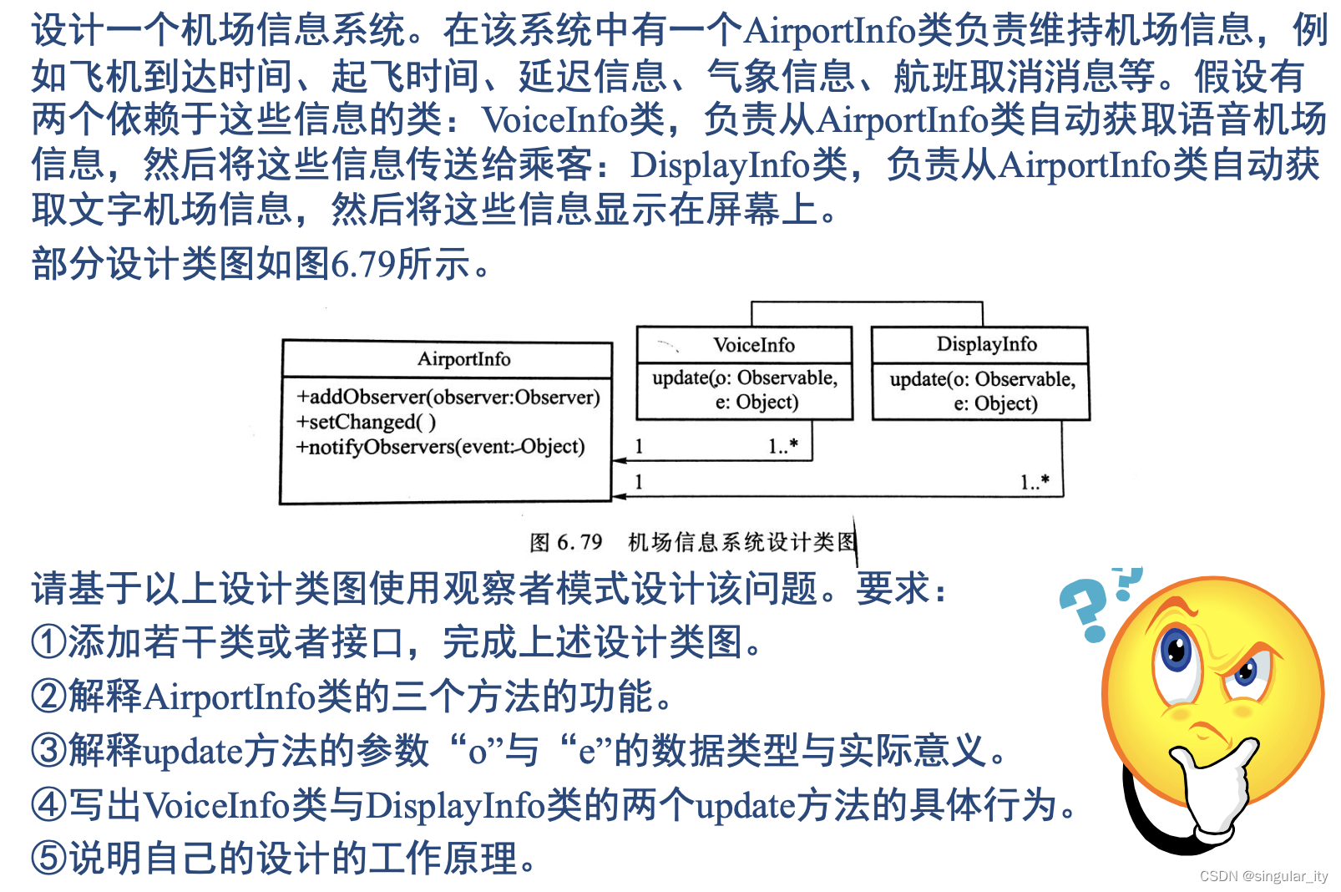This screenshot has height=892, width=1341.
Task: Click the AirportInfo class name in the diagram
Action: [463, 359]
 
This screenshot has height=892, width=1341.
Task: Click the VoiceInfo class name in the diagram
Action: [753, 345]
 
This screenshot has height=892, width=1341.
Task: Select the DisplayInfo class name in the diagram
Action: [986, 344]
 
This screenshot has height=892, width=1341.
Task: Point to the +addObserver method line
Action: [448, 397]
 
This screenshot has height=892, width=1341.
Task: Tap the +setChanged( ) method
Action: [366, 422]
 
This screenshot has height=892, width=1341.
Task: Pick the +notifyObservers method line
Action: [440, 447]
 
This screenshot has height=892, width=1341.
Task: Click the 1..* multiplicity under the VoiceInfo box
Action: [782, 446]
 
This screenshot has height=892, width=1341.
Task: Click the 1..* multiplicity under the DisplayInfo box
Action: [1035, 482]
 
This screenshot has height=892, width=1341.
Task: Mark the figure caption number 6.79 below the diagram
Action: [579, 543]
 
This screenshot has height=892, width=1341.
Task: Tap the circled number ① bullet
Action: [48, 642]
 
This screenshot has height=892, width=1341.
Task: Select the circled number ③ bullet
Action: [48, 750]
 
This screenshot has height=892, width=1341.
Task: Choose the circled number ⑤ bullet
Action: [48, 859]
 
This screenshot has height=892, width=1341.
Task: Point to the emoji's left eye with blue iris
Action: [1177, 651]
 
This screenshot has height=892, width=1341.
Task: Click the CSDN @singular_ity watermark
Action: [1263, 876]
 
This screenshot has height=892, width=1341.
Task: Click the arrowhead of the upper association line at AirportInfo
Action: [620, 460]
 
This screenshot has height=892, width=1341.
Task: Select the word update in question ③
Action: [193, 751]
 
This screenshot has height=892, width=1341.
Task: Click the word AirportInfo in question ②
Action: [230, 697]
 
